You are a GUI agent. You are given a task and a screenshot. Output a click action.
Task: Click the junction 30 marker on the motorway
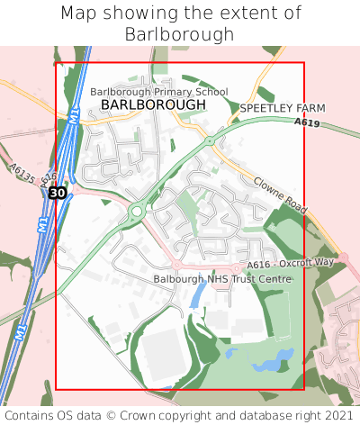(57, 193)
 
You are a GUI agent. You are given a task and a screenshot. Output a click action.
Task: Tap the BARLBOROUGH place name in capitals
(153, 105)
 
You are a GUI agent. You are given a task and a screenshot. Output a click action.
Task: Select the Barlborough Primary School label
(159, 92)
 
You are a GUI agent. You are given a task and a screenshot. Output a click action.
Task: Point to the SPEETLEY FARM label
(283, 108)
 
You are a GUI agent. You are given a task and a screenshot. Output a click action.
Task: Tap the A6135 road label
(23, 173)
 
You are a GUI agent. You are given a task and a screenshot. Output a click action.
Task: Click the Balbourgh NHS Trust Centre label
(223, 280)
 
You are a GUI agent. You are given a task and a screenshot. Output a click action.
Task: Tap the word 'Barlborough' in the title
(180, 34)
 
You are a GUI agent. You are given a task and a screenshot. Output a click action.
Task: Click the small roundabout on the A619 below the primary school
(209, 141)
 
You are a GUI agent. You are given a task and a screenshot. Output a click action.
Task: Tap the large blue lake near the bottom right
(268, 365)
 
